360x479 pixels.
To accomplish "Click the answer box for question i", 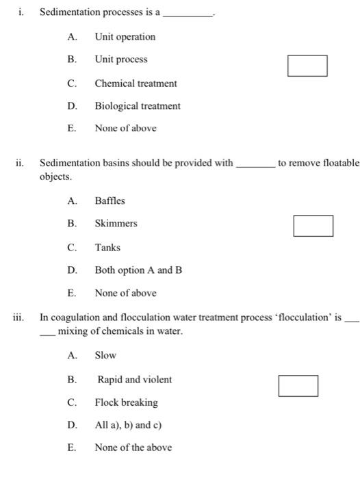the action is [307, 66].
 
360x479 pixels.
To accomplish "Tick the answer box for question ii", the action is [313, 226].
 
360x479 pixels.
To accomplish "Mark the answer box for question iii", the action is [298, 386].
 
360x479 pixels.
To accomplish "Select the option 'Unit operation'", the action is [125, 37].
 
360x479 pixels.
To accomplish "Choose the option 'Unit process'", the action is [120, 60].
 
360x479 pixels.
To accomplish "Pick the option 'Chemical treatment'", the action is [136, 83].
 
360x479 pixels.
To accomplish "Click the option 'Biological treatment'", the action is [138, 106].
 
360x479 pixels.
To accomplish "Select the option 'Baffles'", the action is [110, 200].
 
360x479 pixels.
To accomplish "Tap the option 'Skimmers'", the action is [116, 224].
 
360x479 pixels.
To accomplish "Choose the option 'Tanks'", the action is [107, 248].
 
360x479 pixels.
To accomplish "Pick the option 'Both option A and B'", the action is [138, 270].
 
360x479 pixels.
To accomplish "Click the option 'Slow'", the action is [105, 355].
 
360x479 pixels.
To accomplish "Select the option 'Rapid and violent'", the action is [134, 380].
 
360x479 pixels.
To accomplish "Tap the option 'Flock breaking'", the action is [126, 402].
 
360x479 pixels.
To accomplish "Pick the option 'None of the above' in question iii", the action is [133, 448].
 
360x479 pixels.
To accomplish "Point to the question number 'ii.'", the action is [20, 164].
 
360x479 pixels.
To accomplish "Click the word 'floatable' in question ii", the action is [337, 164].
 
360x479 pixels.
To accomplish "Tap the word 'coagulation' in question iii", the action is [75, 318].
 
